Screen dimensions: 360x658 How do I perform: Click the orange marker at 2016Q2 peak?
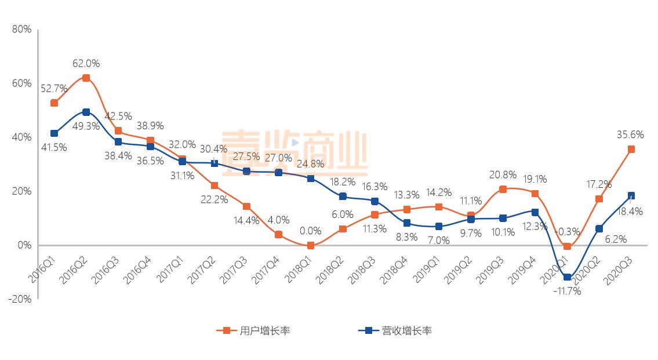tap(86, 78)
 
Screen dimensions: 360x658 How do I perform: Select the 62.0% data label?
tap(86, 63)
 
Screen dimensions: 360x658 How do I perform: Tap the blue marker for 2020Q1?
tap(567, 277)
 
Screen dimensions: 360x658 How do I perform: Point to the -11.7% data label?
tap(567, 291)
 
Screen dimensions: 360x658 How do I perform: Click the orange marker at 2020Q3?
tap(631, 149)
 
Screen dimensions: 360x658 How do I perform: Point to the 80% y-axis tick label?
tap(21, 30)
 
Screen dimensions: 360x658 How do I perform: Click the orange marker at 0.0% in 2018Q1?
tap(311, 245)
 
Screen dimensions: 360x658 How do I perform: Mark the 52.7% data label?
tap(54, 89)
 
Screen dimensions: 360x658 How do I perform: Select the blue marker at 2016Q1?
tap(54, 133)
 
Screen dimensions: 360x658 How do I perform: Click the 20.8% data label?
tap(503, 174)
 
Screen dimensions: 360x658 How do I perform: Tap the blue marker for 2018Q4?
tap(407, 223)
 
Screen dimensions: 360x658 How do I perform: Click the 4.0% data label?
tap(278, 220)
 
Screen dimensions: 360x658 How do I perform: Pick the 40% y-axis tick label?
tap(21, 137)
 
